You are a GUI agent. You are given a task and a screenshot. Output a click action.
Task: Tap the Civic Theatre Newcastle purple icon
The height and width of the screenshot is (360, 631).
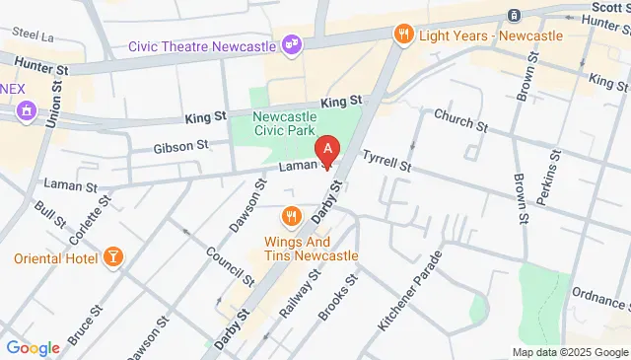click(x=292, y=43)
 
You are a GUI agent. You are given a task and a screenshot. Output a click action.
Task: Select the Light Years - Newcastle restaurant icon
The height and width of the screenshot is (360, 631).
click(x=402, y=36)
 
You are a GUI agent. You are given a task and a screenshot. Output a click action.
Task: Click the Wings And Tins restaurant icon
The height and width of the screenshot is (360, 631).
click(x=290, y=216)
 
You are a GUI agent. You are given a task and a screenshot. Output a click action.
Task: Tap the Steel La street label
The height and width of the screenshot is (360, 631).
click(x=34, y=35)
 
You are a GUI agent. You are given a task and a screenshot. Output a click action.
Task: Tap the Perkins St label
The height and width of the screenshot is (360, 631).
click(x=549, y=178)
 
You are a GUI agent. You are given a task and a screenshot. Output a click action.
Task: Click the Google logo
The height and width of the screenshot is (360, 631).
click(x=33, y=347)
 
